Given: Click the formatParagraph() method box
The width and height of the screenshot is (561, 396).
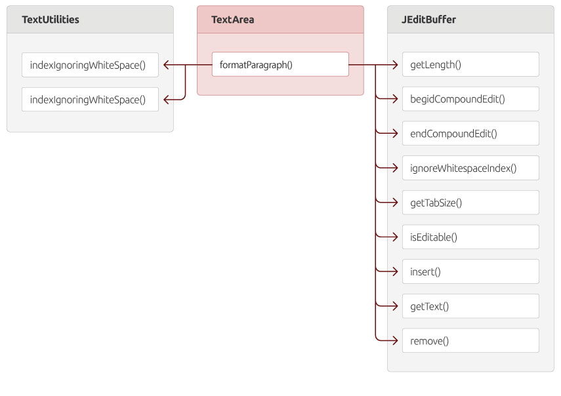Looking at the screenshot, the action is (x=280, y=64).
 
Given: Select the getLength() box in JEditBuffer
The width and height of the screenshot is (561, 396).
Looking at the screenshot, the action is (x=470, y=64).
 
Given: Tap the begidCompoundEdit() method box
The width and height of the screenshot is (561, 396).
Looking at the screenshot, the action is (x=470, y=98).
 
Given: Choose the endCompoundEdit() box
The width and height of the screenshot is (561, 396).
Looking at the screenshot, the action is (x=470, y=133).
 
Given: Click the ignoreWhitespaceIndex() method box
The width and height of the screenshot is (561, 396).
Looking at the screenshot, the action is (x=470, y=168).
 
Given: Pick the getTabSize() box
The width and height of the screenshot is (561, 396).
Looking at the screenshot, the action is (x=470, y=203).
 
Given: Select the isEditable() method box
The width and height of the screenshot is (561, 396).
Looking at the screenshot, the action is (x=470, y=237).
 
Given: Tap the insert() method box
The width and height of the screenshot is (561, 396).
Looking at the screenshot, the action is (x=470, y=271).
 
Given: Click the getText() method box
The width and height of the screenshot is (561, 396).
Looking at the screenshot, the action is (x=470, y=306).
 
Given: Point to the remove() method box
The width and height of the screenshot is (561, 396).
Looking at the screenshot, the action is (x=470, y=341).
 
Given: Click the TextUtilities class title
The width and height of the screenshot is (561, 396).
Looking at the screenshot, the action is (x=51, y=19).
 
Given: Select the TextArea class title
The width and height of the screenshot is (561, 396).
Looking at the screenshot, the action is (x=232, y=19).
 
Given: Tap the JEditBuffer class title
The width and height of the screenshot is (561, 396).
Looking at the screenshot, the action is (x=428, y=19).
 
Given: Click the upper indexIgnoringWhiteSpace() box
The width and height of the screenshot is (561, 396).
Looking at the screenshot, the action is (x=90, y=65).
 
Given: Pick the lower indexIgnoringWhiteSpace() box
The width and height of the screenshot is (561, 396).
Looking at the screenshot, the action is (x=90, y=100).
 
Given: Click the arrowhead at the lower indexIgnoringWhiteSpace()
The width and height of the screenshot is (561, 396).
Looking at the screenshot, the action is (x=166, y=100).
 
